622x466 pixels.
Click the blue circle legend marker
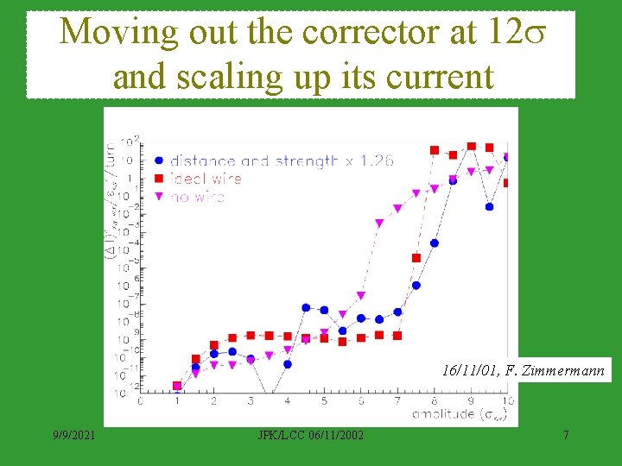159,161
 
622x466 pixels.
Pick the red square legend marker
159,179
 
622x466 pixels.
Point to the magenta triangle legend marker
159,197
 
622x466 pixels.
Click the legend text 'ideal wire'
206,179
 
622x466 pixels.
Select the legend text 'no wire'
198,197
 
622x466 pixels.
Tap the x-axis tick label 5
324,402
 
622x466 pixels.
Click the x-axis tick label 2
214,402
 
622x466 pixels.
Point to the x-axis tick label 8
434,402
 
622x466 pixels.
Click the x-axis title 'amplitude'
444,416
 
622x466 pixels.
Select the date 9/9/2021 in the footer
74,435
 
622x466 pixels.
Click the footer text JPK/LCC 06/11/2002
299,435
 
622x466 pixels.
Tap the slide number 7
566,435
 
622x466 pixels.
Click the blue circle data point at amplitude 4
288,364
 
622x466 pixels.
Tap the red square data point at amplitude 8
435,150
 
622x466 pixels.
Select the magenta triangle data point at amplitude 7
397,208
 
